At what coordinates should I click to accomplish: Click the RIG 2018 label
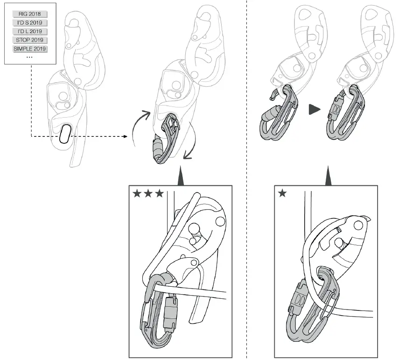(x=30, y=14)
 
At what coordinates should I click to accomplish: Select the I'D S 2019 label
(x=30, y=22)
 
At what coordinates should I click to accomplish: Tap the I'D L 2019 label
(x=30, y=31)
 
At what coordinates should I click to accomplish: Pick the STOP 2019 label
(x=30, y=40)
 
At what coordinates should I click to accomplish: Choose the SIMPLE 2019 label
(x=30, y=49)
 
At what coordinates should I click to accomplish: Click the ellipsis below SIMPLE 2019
(x=29, y=56)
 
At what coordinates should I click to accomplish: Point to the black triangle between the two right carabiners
(x=315, y=110)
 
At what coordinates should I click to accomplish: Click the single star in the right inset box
(x=282, y=193)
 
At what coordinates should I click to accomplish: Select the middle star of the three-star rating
(x=148, y=193)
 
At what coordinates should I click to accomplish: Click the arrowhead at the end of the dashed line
(x=126, y=136)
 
